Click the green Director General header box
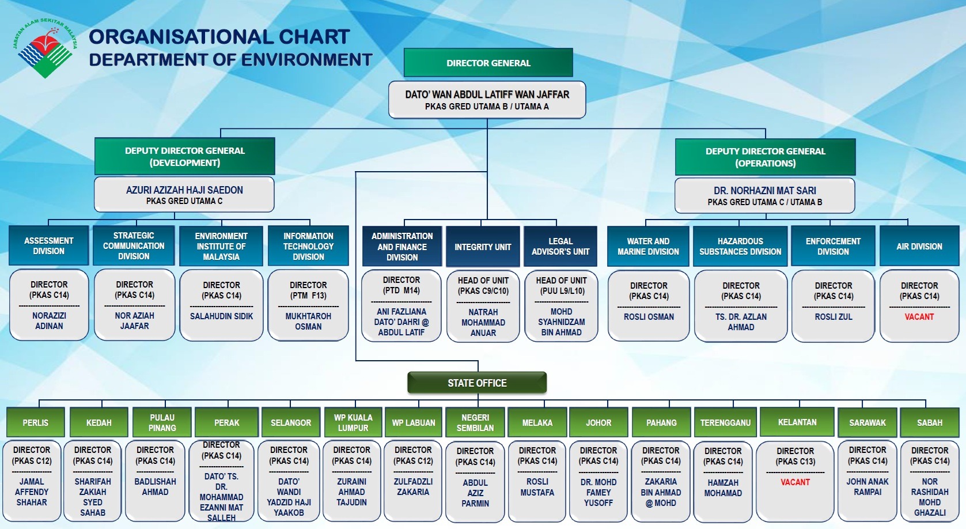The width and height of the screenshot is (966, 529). tap(488, 63)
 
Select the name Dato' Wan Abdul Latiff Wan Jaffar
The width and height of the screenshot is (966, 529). tap(487, 95)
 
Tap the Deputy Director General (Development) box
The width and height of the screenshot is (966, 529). tap(184, 156)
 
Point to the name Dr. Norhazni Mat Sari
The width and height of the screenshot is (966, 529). tap(764, 191)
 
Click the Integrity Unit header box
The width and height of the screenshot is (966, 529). tap(483, 247)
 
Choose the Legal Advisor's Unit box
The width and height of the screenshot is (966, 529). tap(560, 247)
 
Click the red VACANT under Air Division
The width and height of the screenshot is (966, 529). tap(919, 317)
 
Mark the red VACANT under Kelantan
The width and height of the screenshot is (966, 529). tap(795, 482)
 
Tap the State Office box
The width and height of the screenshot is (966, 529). tap(477, 383)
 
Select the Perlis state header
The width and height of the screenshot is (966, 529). tap(35, 422)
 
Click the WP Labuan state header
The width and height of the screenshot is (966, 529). tap(413, 422)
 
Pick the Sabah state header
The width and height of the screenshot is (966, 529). tap(929, 422)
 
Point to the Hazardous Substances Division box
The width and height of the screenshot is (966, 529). tap(740, 246)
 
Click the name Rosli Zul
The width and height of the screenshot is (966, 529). tap(833, 317)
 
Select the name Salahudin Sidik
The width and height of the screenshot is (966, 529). tap(221, 316)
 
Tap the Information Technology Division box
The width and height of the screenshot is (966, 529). tap(308, 246)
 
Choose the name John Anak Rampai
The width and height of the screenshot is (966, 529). tap(867, 487)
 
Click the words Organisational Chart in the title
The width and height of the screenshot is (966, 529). tap(219, 37)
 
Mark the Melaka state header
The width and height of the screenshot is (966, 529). tap(537, 422)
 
